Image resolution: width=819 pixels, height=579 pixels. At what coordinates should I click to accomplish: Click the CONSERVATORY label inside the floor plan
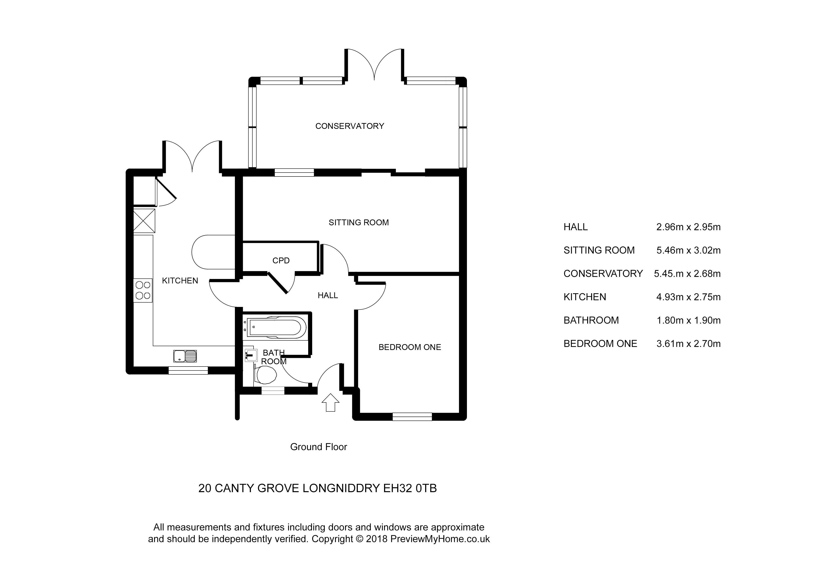pyautogui.click(x=349, y=126)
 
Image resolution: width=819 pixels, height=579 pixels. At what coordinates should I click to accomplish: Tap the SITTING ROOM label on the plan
pyautogui.click(x=359, y=222)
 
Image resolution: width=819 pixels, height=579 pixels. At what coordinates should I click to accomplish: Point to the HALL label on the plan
pyautogui.click(x=328, y=295)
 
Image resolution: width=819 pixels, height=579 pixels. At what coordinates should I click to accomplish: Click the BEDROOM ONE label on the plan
pyautogui.click(x=409, y=347)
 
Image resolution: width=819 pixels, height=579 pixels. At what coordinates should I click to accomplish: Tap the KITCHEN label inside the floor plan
pyautogui.click(x=180, y=281)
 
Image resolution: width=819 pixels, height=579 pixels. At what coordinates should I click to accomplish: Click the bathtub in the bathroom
pyautogui.click(x=276, y=326)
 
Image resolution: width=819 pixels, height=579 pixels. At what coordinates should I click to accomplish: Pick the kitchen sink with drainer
pyautogui.click(x=185, y=356)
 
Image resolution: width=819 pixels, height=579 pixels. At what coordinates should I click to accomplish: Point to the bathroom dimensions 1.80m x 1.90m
pyautogui.click(x=688, y=320)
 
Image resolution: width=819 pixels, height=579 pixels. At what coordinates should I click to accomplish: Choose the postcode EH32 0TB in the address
pyautogui.click(x=409, y=488)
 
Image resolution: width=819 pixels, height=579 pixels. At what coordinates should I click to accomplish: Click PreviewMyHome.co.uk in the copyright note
pyautogui.click(x=440, y=539)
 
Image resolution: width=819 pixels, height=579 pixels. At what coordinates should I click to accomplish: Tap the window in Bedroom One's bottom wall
pyautogui.click(x=412, y=416)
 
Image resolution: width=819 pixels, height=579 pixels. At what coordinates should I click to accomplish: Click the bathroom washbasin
pyautogui.click(x=251, y=355)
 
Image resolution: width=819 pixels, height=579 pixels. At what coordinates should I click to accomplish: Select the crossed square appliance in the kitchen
pyautogui.click(x=144, y=221)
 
